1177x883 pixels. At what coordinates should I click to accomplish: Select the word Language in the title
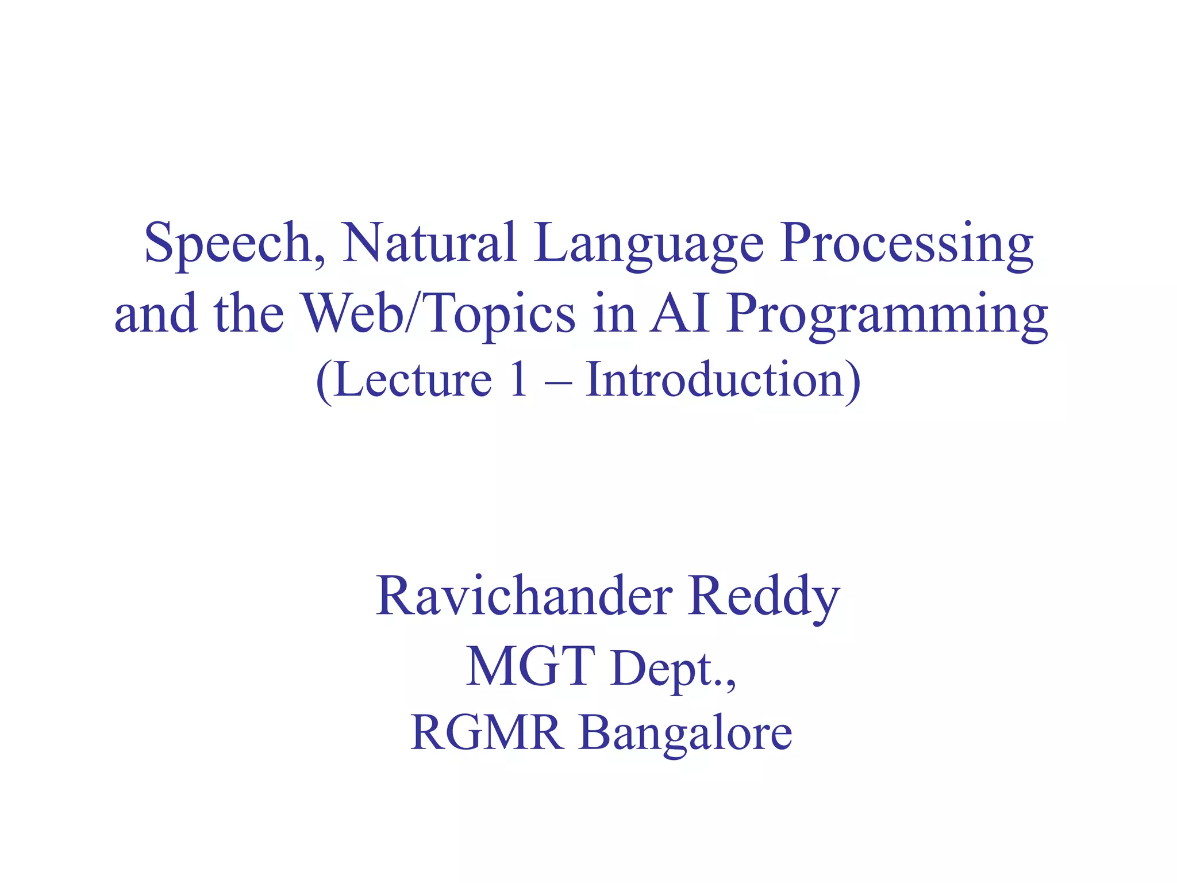click(649, 244)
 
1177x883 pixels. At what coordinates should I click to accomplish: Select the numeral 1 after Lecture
click(518, 381)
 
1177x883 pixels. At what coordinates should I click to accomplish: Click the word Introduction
click(716, 381)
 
